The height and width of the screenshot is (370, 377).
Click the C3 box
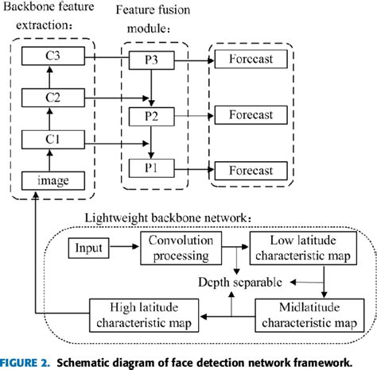click(49, 57)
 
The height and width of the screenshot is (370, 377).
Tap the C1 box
click(49, 140)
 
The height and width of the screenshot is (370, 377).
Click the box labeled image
click(49, 181)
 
